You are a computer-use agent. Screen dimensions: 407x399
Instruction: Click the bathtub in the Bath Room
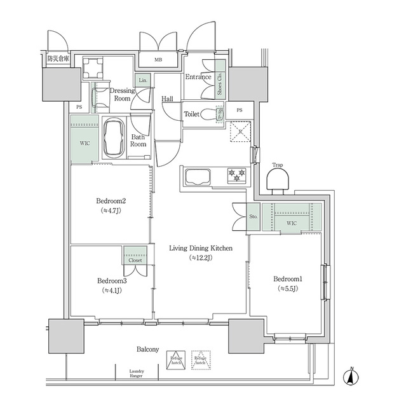coord(116,137)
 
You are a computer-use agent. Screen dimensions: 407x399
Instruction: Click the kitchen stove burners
coord(237,174)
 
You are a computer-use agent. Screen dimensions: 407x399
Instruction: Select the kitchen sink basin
coord(198,176)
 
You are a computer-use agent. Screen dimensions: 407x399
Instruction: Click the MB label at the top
coord(158,60)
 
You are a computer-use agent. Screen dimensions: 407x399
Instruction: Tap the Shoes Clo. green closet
coord(220,79)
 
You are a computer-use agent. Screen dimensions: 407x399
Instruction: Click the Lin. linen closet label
coord(144,80)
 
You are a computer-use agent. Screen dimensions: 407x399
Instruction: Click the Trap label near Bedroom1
coord(277,165)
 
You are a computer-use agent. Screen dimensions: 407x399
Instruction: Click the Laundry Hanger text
coord(136,373)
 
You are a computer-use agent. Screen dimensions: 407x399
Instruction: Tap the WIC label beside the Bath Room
coord(85,143)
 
